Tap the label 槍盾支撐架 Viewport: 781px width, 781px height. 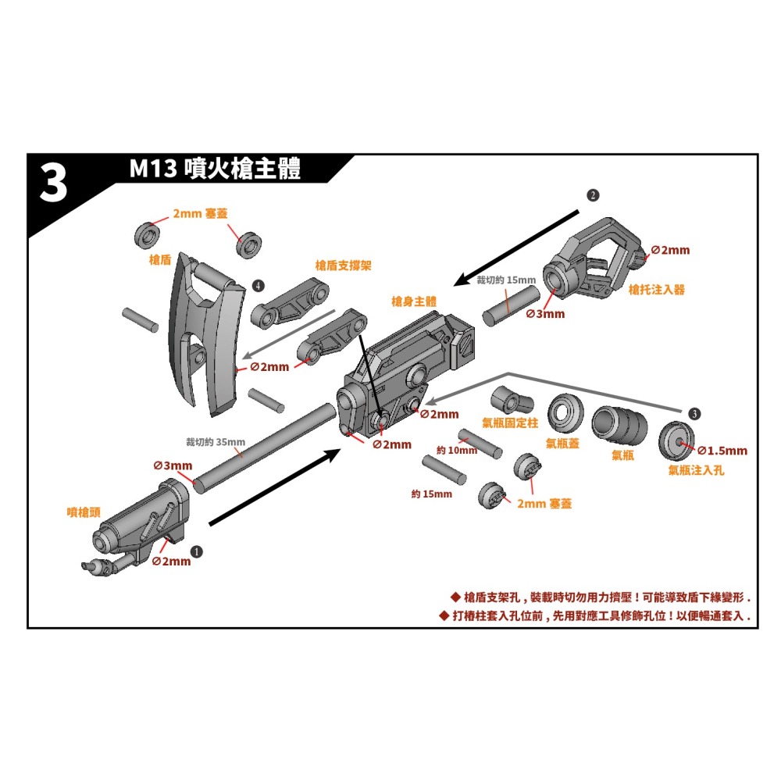coord(343,266)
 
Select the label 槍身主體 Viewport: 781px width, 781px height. coord(414,301)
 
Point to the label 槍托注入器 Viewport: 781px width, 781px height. coord(657,289)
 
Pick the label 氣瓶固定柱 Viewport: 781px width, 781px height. coord(511,423)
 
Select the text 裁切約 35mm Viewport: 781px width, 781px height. coord(215,442)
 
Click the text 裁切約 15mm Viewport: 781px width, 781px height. coord(506,280)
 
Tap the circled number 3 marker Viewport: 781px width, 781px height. coord(695,413)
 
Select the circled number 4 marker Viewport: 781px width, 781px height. coord(259,285)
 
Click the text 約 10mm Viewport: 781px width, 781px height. coord(457,451)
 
